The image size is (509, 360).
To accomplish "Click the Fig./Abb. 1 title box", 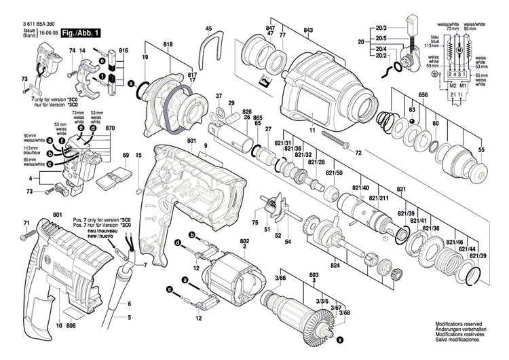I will coord(81,33).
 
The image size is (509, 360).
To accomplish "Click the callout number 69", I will coord(125,156).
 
